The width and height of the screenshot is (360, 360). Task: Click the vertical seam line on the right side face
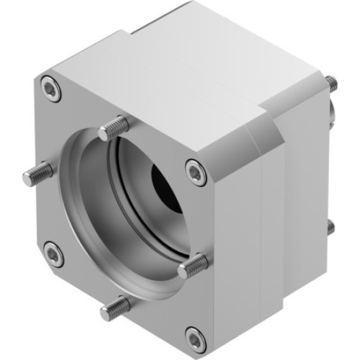pyautogui.click(x=268, y=230)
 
